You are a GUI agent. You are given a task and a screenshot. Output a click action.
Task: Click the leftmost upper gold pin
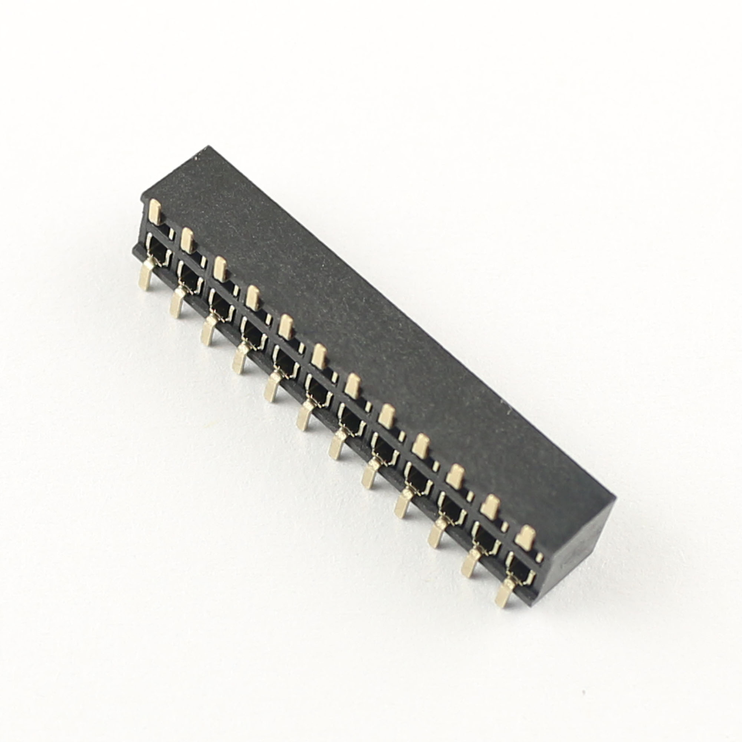coord(155,211)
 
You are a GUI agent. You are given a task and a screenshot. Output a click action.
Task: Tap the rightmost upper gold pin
coord(526,538)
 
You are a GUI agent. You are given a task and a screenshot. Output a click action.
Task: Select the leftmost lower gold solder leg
coord(147,275)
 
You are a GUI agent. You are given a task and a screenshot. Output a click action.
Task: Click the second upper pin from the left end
coord(187,240)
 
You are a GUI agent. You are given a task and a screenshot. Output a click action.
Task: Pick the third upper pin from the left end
coord(219,269)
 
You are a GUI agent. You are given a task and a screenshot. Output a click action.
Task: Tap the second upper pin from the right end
coord(490,507)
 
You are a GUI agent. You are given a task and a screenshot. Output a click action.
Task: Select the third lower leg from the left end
coord(209,331)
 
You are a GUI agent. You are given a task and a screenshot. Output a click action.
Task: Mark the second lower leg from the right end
coord(470,563)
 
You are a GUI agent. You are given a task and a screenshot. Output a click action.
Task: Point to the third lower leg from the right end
coord(436,533)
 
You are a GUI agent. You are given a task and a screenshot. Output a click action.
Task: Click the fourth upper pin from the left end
coord(252,298)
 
